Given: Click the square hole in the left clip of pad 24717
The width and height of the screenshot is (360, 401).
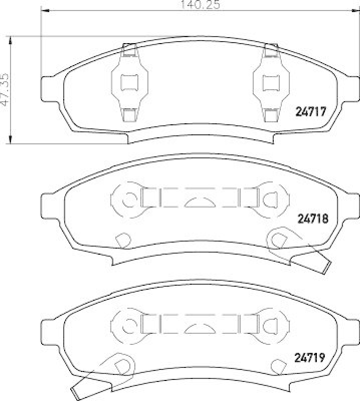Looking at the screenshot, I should pyautogui.click(x=131, y=82).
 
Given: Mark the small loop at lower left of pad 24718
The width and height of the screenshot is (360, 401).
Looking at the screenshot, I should pyautogui.click(x=121, y=241).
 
